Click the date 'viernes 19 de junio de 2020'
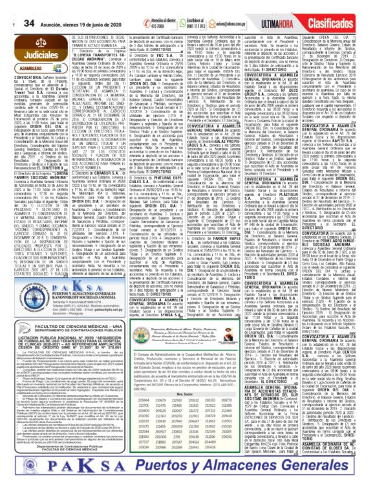[83, 6]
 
